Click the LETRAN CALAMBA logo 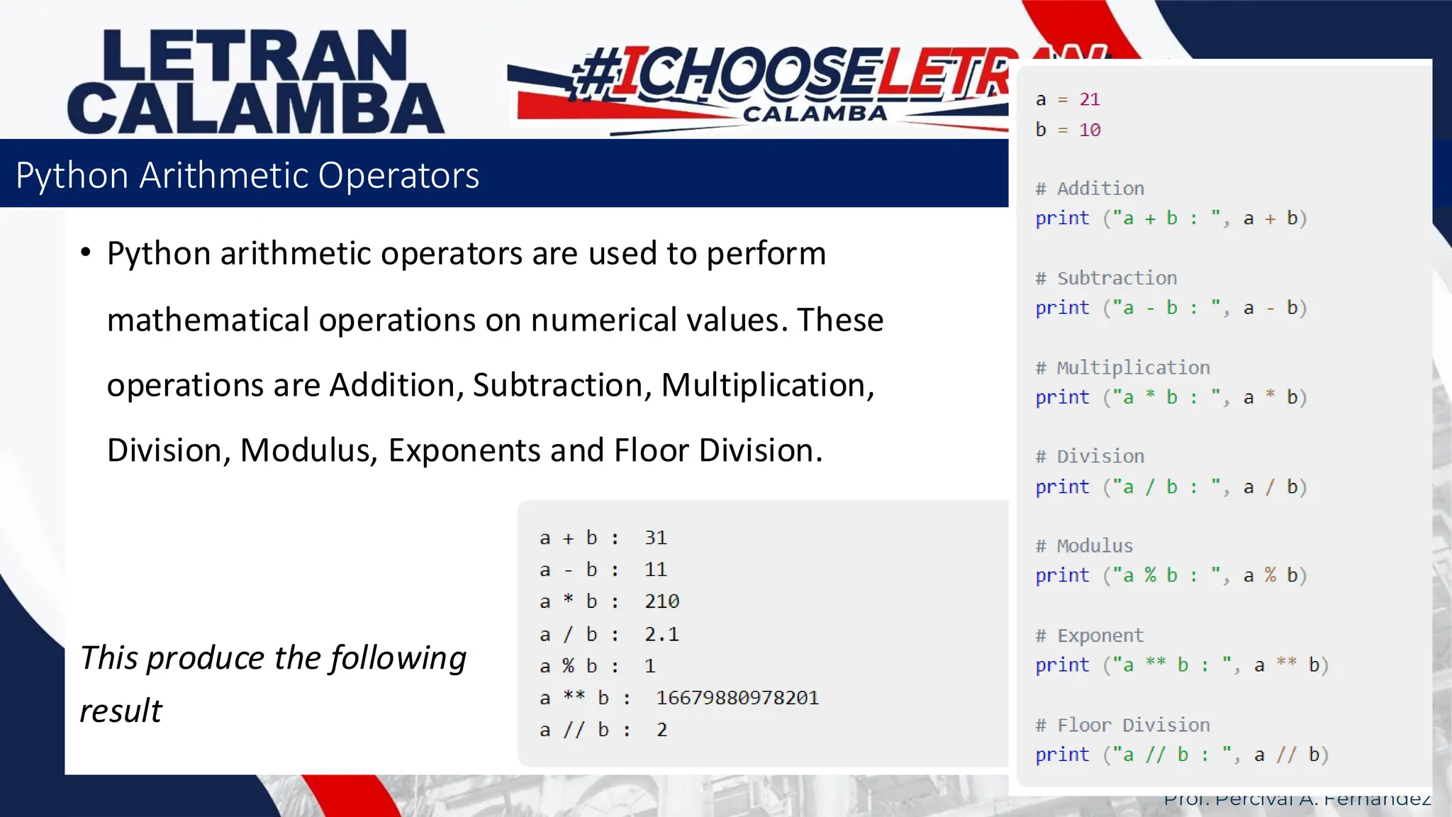(255, 82)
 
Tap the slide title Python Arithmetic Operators (247, 175)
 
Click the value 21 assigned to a (1089, 99)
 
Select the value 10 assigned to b (1089, 130)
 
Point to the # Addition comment (1090, 189)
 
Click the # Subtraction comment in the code (1106, 278)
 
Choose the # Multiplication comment (1122, 367)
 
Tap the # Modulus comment (1084, 545)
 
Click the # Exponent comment (1090, 635)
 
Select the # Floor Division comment (1122, 725)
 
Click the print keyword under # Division (1061, 487)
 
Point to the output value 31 (655, 538)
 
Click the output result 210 (661, 601)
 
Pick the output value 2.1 (661, 634)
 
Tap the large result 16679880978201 (737, 698)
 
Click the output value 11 (655, 569)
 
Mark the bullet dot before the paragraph (86, 252)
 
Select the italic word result (121, 711)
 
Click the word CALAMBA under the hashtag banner (815, 113)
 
